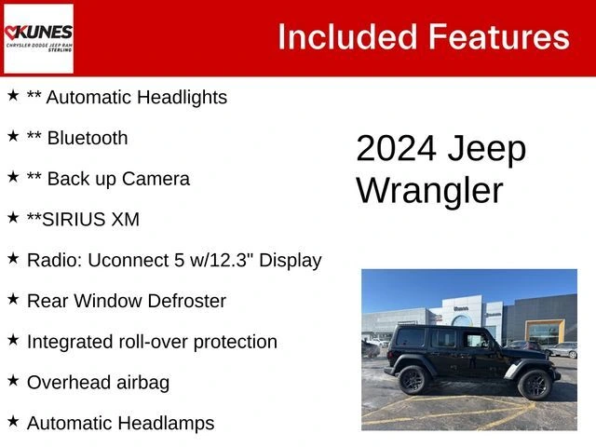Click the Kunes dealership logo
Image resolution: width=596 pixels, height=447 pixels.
point(38,37)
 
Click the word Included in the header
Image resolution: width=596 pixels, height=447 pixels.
point(347,37)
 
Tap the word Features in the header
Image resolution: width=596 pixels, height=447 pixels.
point(498,37)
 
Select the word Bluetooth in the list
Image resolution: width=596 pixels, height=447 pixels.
point(88,138)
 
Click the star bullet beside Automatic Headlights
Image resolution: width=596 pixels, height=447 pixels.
point(13,95)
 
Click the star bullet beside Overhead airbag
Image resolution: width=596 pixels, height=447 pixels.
point(13,380)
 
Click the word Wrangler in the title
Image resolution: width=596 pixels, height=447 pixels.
point(429,191)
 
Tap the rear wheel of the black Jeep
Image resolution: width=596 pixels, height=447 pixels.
point(412,379)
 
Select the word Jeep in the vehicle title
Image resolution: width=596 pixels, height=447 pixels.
point(488,150)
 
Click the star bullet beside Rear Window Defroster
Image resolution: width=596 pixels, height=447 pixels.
point(13,298)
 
